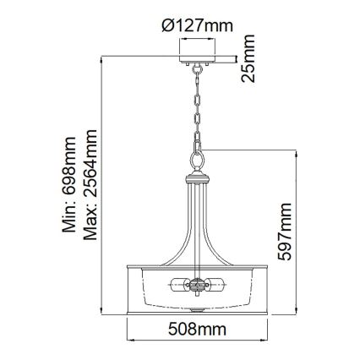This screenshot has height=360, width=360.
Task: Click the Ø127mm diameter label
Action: [x=197, y=25]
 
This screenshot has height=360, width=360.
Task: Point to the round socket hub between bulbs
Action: [x=197, y=286]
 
